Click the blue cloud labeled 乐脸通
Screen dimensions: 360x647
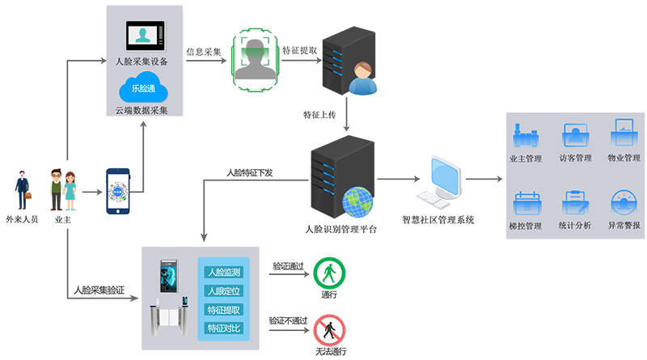142,88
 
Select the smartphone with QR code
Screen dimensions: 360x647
119,191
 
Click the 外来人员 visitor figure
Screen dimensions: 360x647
21,189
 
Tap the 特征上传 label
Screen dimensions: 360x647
319,113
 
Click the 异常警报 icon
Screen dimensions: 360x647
624,201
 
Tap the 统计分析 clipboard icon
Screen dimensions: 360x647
576,201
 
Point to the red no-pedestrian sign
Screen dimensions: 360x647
328,329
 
